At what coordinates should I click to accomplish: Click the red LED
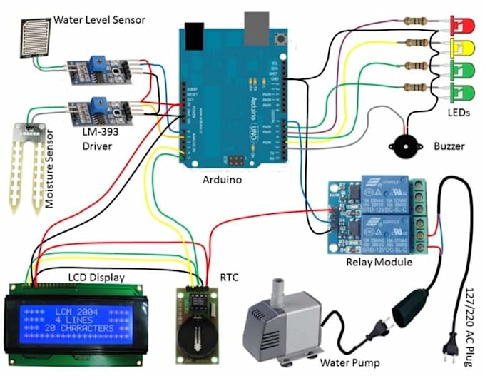[462, 26]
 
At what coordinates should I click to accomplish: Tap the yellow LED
[462, 48]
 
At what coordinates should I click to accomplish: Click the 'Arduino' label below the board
[222, 180]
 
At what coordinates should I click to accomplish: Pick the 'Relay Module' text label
[374, 261]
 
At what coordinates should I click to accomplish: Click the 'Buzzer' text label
[449, 146]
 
